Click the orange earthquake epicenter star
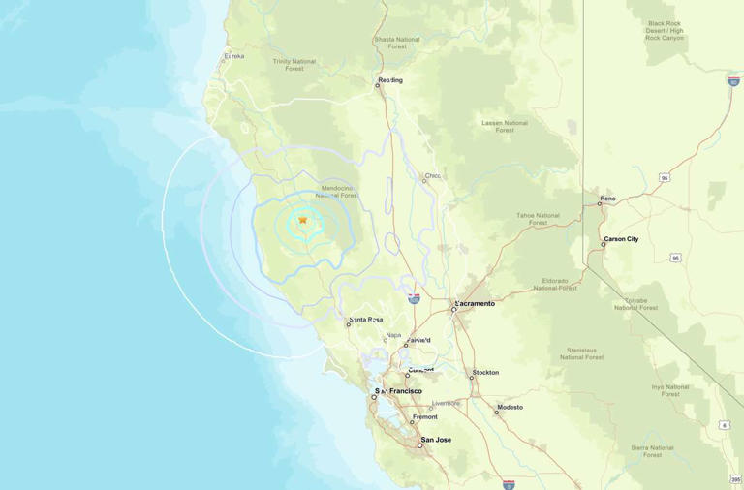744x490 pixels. click(x=303, y=220)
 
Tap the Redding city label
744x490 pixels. click(x=391, y=80)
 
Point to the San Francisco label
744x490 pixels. click(x=401, y=391)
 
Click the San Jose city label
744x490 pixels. click(x=436, y=440)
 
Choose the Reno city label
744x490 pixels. click(x=607, y=199)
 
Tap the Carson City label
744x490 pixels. click(x=621, y=239)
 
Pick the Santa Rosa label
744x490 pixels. click(x=366, y=320)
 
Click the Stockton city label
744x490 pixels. click(x=485, y=372)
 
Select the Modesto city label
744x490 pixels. click(x=511, y=407)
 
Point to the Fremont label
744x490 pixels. click(x=425, y=417)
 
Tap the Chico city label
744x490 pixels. click(x=433, y=176)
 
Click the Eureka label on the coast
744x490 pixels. click(x=234, y=56)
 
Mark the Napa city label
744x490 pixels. click(x=393, y=335)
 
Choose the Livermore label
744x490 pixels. click(x=446, y=403)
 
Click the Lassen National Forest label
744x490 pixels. click(x=505, y=126)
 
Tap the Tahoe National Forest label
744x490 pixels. click(x=539, y=219)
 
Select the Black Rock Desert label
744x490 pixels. click(x=666, y=30)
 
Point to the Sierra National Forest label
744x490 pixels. click(x=652, y=451)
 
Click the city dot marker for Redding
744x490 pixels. click(x=378, y=85)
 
